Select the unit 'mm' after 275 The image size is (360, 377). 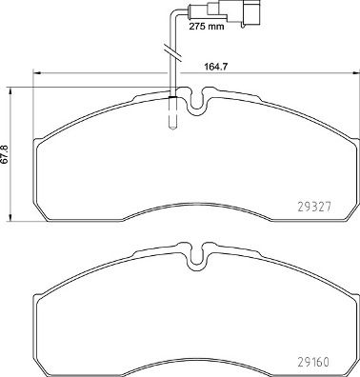(218, 29)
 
